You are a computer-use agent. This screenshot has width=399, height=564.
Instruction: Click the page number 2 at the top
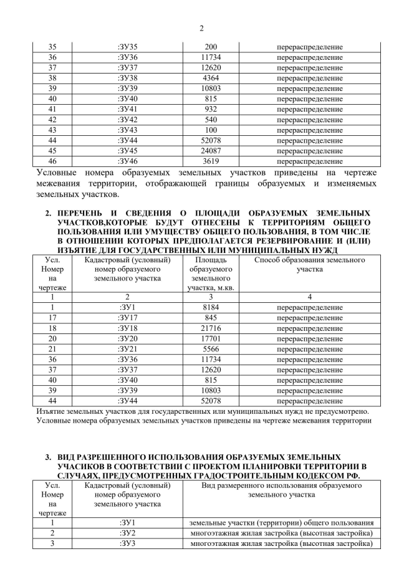point(201,28)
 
